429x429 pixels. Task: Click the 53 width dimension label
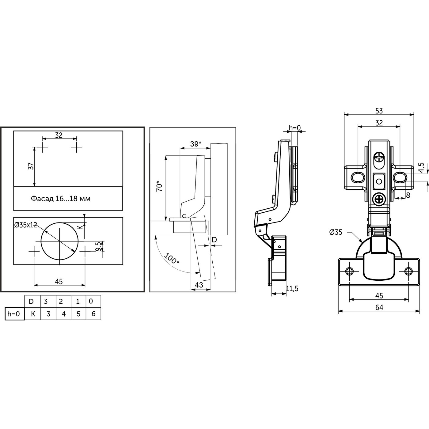(379, 111)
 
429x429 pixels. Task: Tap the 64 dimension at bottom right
(379, 307)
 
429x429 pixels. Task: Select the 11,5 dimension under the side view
(292, 288)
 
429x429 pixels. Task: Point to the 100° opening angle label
(172, 259)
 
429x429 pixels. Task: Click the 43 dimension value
(199, 285)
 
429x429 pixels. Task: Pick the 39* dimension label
(196, 144)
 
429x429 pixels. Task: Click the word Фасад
(42, 199)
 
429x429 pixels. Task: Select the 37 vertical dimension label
(30, 166)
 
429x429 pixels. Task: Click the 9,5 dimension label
(98, 246)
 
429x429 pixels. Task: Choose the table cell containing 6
(93, 314)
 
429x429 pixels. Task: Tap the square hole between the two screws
(379, 181)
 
